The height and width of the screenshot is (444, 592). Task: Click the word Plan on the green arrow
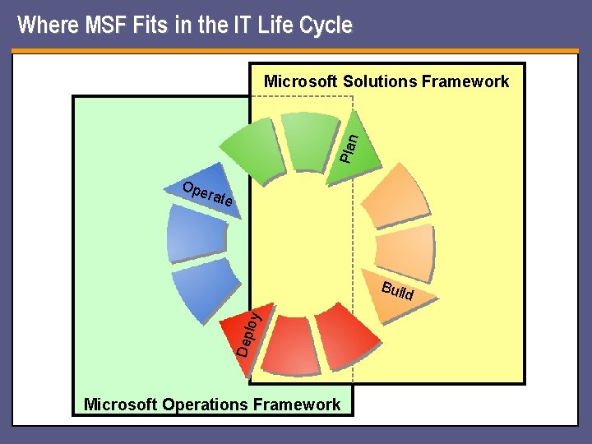[x=349, y=147]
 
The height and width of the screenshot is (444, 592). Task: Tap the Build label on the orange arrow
[x=397, y=291]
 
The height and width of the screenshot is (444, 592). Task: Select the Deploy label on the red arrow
[x=249, y=333]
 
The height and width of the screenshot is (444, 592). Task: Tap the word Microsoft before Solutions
[x=300, y=81]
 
